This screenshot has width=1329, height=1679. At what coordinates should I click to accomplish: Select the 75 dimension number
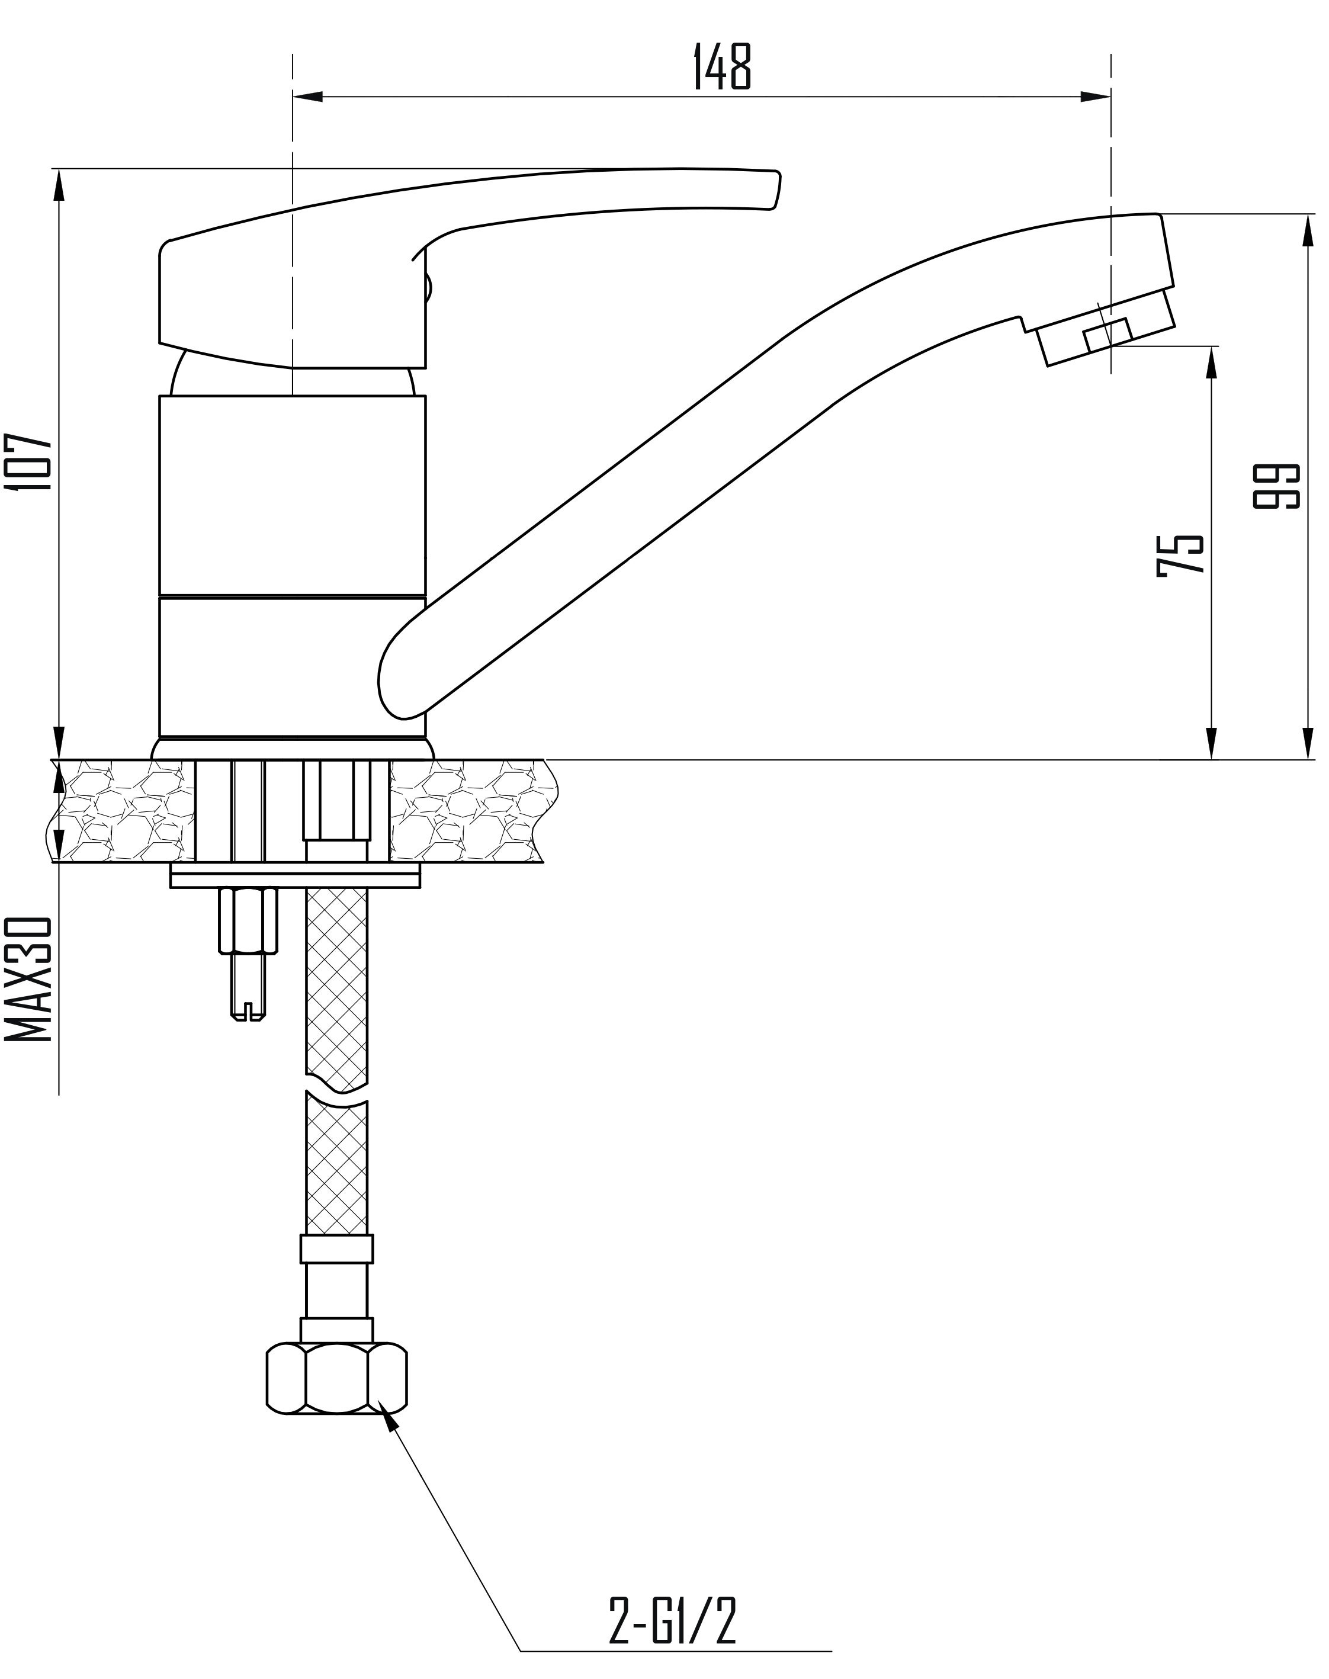[x=1180, y=553]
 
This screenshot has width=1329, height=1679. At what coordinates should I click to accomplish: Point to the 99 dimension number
[x=1277, y=486]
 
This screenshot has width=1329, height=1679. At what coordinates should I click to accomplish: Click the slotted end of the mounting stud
[x=248, y=1012]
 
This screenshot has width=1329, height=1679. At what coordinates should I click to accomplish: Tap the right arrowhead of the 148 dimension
[x=1095, y=97]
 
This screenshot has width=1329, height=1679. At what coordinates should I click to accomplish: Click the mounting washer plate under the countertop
[x=295, y=876]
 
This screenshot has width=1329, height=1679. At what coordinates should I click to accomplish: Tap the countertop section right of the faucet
[x=474, y=810]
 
